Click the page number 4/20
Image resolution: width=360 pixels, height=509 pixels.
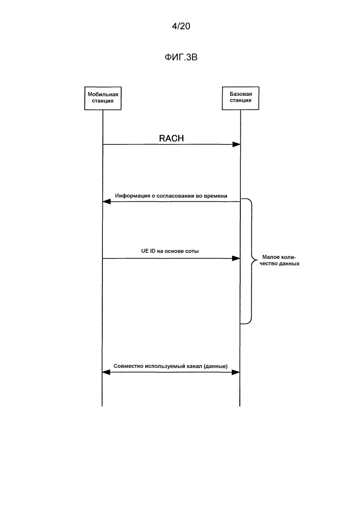point(181,26)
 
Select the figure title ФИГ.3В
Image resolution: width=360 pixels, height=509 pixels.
point(181,58)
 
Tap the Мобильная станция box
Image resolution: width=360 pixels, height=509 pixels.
point(103,98)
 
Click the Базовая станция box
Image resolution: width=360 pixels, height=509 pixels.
point(240,98)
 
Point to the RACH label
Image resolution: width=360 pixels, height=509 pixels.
point(171,138)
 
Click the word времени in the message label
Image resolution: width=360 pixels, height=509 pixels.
point(216,196)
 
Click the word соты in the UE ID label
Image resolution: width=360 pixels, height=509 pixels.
point(191,251)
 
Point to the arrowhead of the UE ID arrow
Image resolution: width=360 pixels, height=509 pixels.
point(236,258)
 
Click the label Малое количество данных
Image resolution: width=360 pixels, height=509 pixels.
point(280,260)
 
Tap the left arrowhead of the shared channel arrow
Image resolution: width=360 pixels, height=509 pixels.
point(106,372)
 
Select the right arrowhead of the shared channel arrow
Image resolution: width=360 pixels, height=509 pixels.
point(236,372)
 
